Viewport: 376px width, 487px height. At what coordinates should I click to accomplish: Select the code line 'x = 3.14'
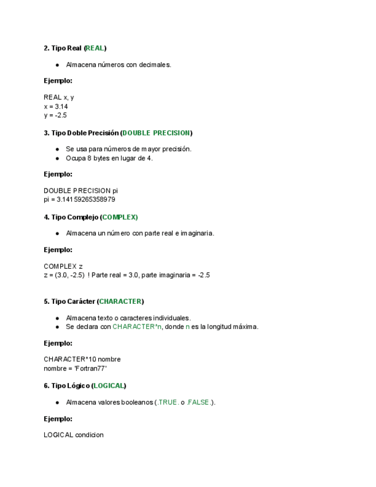point(56,106)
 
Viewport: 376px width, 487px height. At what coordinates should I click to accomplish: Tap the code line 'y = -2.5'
point(55,115)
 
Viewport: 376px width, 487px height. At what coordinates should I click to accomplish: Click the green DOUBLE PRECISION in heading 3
point(156,133)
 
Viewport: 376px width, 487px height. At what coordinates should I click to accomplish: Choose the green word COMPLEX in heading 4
point(119,217)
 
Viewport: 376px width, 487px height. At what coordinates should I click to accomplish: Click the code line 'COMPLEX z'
point(63,266)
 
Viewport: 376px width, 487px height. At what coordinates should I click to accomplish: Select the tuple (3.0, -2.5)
point(71,275)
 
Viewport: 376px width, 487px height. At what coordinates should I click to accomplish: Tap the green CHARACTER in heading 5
point(121,302)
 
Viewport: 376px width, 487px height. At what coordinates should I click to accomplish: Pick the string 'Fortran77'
point(91,368)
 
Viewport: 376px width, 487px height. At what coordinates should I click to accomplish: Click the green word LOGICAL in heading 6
point(108,386)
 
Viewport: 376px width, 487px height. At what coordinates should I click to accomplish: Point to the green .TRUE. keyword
point(168,403)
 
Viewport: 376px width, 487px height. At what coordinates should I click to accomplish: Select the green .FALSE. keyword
point(199,403)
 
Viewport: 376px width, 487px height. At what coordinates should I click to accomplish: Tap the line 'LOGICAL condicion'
point(73,435)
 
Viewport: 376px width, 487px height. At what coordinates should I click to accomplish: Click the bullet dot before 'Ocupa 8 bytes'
point(57,158)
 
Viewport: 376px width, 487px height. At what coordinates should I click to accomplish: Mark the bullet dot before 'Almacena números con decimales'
point(57,65)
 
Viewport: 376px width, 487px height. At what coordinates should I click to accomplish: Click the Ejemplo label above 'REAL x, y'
point(58,81)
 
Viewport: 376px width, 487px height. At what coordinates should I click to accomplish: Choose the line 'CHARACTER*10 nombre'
point(82,360)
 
